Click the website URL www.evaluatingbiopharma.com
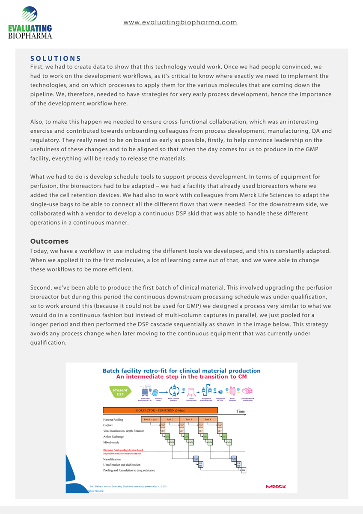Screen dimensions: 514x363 pos(180,22)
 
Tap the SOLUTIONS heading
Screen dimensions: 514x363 pos(56,59)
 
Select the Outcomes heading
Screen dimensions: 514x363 pos(49,242)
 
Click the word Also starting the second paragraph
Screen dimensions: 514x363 pos(37,123)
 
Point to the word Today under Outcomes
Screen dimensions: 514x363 pos(39,251)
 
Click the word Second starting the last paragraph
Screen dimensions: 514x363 pos(42,288)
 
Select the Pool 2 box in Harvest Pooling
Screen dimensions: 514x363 pos(170,419)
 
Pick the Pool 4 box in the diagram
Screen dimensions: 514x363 pos(208,419)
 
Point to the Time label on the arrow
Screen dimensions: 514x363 pos(241,411)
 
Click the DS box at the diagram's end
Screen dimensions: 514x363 pos(243,470)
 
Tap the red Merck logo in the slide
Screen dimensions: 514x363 pos(276,487)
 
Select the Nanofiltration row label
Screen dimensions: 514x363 pos(115,459)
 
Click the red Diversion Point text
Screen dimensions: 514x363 pos(123,450)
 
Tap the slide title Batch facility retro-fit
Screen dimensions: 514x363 pos(181,371)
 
